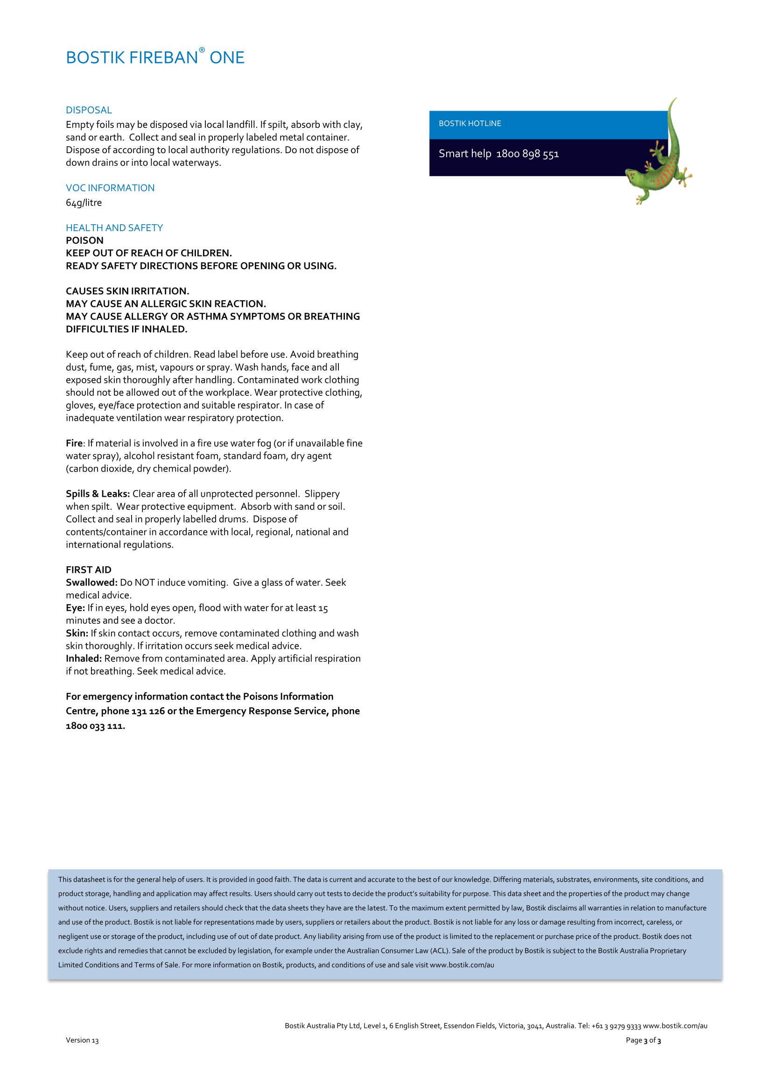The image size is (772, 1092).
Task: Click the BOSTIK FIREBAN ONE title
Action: pos(155,57)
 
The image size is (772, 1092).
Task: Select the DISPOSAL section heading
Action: pos(89,110)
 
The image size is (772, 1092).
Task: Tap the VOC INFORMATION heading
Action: pos(110,188)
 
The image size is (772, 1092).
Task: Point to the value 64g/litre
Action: pos(84,203)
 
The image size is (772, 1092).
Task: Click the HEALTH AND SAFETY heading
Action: pos(114,228)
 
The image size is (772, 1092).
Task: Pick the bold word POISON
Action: pos(84,240)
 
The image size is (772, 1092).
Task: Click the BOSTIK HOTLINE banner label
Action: pos(470,124)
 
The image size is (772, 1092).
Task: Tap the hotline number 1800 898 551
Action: pos(528,154)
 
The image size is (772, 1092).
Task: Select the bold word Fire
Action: pos(74,443)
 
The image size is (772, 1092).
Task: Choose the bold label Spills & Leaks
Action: pos(98,494)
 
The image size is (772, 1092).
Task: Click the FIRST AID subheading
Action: pos(88,570)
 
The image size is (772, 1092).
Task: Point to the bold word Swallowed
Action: pos(91,583)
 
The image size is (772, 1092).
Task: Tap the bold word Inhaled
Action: pos(84,659)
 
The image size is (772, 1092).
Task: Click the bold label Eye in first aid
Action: pos(75,608)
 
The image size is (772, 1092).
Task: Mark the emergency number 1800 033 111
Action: pos(95,726)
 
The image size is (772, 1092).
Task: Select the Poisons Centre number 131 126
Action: pos(148,712)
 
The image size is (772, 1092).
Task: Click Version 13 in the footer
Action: pos(82,1040)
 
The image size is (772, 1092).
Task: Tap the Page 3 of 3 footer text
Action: pos(643,1040)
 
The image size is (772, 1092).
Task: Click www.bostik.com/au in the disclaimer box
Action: pos(462,965)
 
